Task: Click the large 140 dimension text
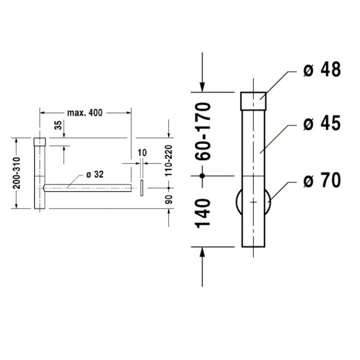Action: [x=203, y=212]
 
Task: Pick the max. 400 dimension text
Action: [x=85, y=113]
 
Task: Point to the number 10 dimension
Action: [x=141, y=151]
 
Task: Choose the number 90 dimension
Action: [x=168, y=198]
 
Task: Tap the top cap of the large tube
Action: [x=254, y=100]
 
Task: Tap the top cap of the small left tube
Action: [x=39, y=141]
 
